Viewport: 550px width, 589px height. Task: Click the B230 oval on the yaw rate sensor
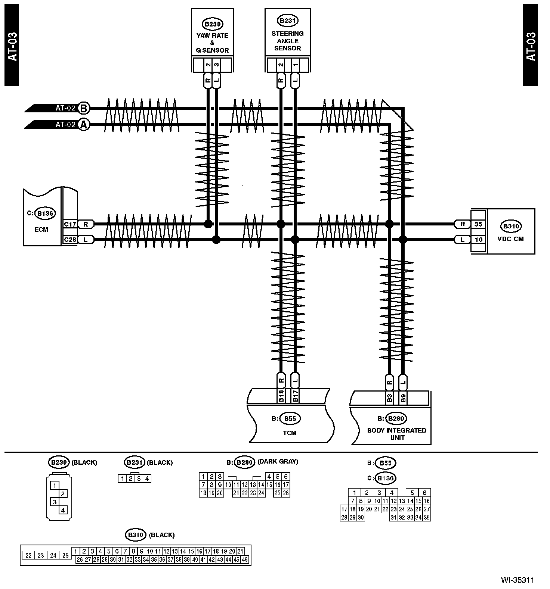[x=212, y=24]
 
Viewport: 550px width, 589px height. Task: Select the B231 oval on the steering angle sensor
[x=288, y=21]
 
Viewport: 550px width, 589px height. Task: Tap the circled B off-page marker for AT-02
[x=84, y=108]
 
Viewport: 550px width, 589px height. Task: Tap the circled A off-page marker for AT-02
[x=84, y=125]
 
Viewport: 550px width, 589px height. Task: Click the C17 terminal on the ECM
[x=70, y=224]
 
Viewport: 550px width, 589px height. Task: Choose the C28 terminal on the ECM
[x=70, y=239]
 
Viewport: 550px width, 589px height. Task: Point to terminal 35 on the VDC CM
[x=479, y=224]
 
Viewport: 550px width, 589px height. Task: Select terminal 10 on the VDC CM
[x=479, y=240]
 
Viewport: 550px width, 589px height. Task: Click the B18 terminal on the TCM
[x=281, y=396]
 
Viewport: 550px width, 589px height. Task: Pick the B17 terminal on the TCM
[x=296, y=396]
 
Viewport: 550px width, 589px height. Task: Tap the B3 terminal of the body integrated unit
[x=389, y=398]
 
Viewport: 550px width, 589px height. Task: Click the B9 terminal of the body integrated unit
[x=403, y=398]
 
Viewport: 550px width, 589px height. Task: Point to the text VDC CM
[x=511, y=239]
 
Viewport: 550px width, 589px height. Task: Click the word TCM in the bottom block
[x=290, y=433]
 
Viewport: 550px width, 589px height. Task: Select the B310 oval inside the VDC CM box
[x=511, y=226]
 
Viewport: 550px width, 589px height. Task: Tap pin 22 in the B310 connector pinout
[x=28, y=555]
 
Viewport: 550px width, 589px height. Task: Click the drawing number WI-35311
[x=517, y=580]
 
